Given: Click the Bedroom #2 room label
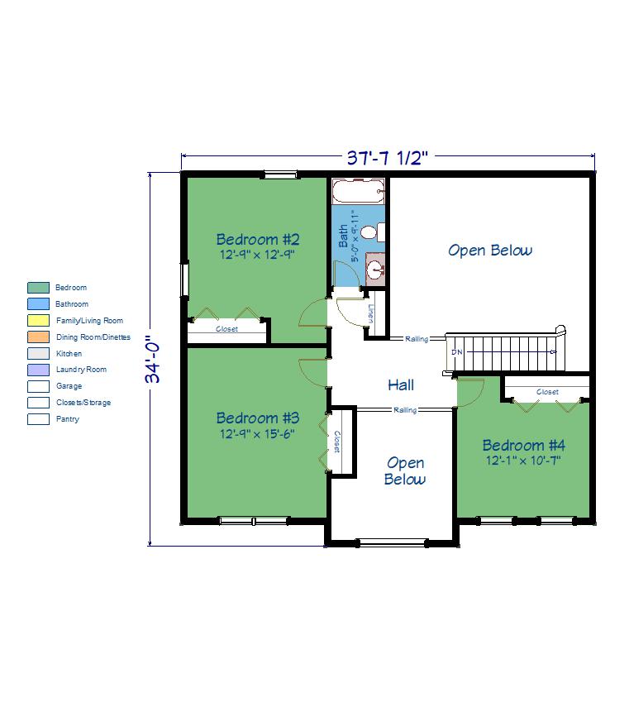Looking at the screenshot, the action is tap(258, 240).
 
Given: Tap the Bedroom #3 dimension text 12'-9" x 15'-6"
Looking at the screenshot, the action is tap(257, 434).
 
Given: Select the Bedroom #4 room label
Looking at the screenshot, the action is tap(524, 446).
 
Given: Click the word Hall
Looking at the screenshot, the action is tap(401, 385).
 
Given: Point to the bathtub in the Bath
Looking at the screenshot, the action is tap(359, 191).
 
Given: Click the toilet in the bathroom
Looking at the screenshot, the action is tap(373, 232).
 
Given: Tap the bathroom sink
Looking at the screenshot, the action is tap(375, 269).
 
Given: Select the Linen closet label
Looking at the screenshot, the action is tap(370, 314).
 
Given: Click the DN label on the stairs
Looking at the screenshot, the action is tap(456, 352).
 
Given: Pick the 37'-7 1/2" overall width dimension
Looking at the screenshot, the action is tap(388, 158).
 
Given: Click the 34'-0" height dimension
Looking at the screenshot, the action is tap(153, 359).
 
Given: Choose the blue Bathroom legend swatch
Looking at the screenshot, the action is tap(39, 304).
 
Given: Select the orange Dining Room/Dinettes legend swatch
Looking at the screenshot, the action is tap(39, 337).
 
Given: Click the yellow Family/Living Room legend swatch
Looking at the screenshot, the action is tap(39, 321).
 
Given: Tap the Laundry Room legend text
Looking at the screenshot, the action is tap(82, 370).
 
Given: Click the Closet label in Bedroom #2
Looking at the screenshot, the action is tap(227, 329).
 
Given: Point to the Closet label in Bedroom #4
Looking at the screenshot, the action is tap(547, 392).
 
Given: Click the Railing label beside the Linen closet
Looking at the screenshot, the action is tap(417, 339).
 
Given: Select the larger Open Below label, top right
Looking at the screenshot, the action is tap(491, 251).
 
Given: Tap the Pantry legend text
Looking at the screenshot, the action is tap(68, 419).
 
